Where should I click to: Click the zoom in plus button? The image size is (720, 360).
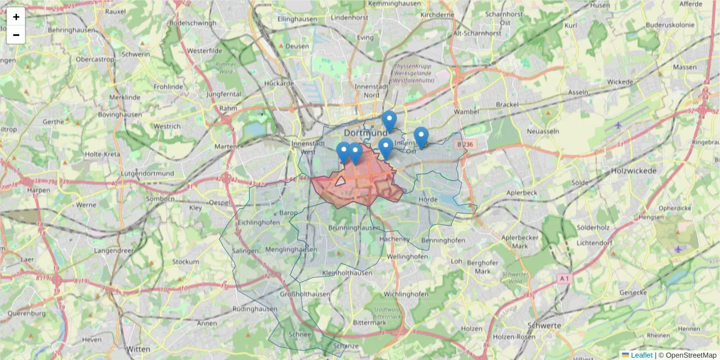16,17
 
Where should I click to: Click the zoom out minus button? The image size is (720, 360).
16,35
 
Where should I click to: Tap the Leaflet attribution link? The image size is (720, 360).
641,355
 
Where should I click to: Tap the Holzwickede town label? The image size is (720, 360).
634,170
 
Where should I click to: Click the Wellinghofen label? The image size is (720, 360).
407,256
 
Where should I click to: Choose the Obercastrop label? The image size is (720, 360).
95,59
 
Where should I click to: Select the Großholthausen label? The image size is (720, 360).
306,295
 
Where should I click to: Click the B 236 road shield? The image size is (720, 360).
465,144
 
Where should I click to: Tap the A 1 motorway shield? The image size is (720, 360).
563,278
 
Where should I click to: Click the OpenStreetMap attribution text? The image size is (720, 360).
688,355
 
